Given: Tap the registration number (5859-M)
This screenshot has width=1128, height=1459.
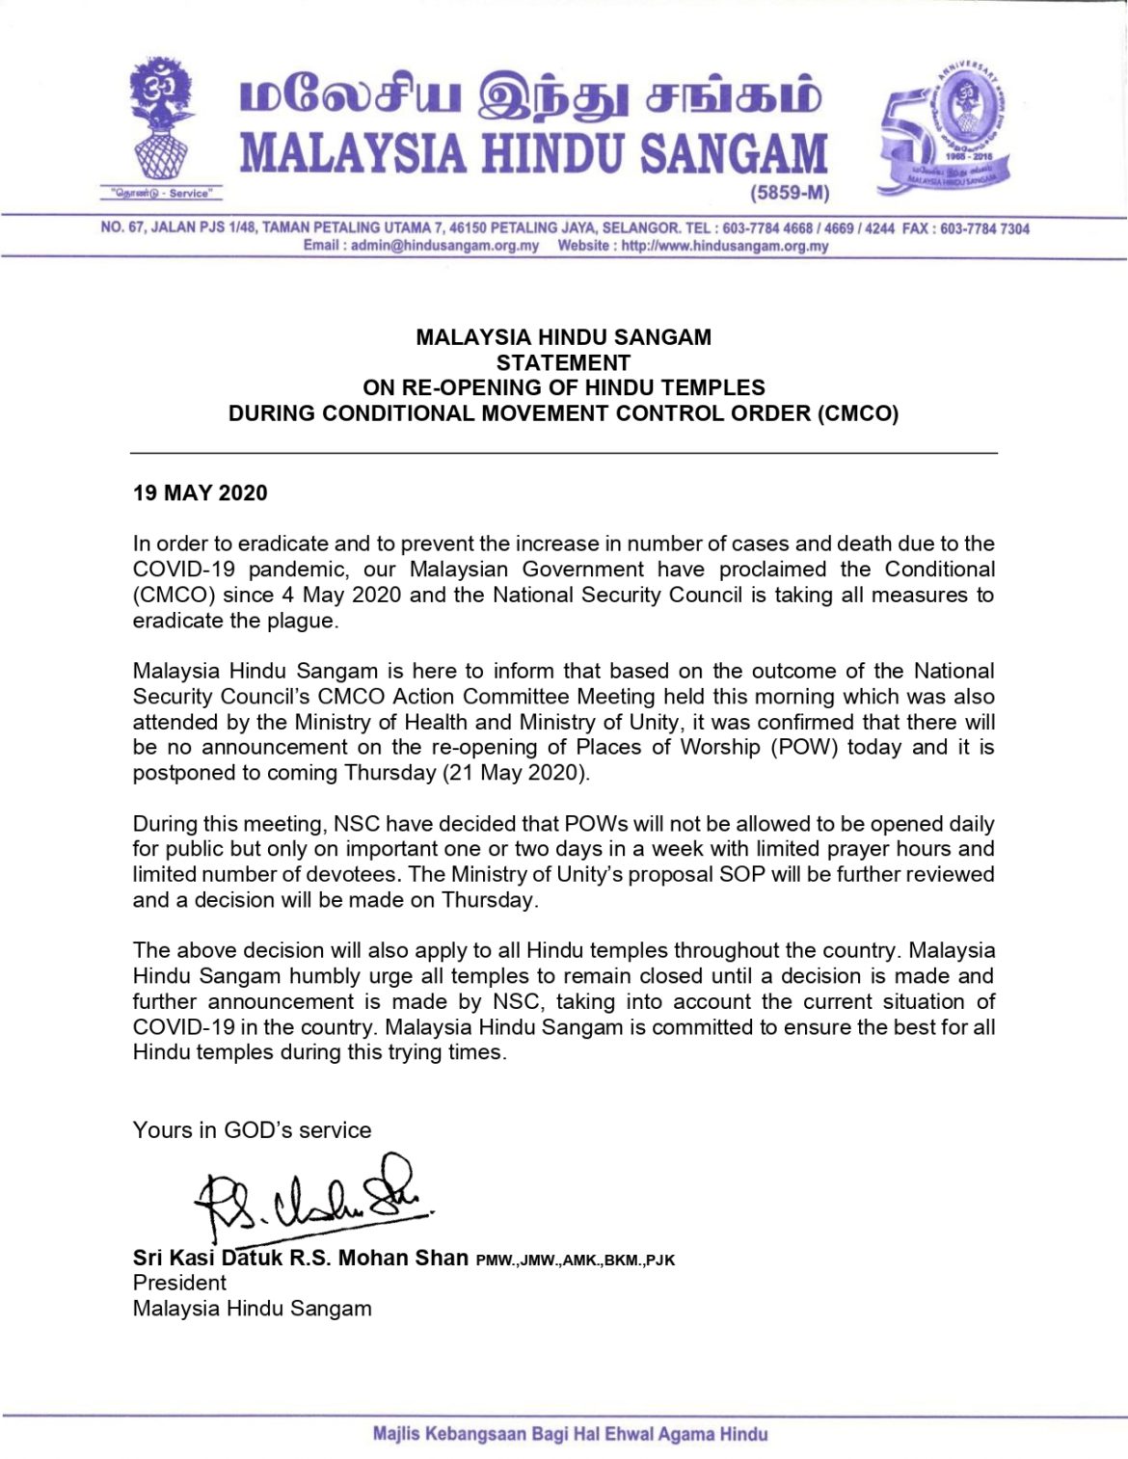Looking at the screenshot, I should [x=790, y=193].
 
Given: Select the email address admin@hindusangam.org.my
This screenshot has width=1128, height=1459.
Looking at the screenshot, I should [x=444, y=246].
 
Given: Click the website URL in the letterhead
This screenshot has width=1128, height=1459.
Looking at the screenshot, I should [x=724, y=246].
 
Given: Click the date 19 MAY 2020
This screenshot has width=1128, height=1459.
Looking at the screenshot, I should [x=201, y=493].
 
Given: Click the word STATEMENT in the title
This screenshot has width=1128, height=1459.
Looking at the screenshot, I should [x=563, y=363].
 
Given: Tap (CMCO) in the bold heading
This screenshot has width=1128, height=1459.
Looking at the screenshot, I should [x=857, y=413].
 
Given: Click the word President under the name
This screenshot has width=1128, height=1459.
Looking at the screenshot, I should [x=179, y=1283].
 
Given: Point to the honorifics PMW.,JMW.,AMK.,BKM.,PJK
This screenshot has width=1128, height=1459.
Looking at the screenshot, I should [x=576, y=1260].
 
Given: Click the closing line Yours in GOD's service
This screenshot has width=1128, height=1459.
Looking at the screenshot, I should [x=252, y=1130].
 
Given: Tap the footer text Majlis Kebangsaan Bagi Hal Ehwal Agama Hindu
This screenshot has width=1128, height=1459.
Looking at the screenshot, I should [x=570, y=1434].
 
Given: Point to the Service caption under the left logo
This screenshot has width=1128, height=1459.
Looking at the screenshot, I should [x=160, y=194].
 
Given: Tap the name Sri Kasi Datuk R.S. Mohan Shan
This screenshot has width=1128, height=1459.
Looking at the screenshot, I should [x=300, y=1258].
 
